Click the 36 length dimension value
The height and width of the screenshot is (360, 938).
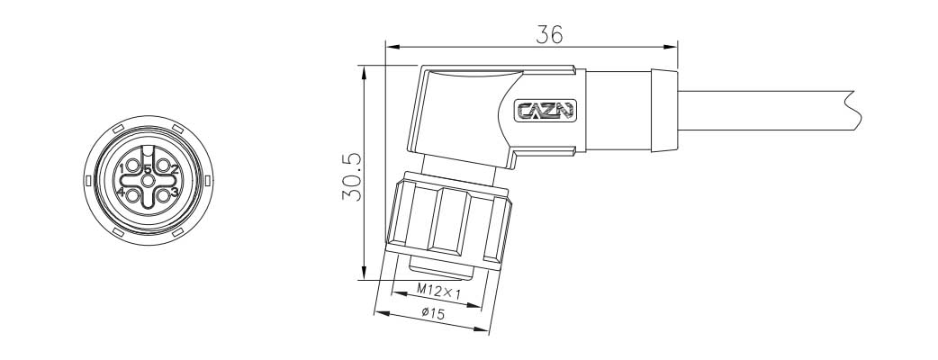pyautogui.click(x=549, y=34)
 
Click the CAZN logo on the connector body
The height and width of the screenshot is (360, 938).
pyautogui.click(x=545, y=112)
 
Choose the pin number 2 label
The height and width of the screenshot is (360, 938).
pyautogui.click(x=175, y=169)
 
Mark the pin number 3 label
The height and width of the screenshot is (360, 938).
pyautogui.click(x=175, y=193)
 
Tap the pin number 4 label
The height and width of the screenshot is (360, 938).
pyautogui.click(x=121, y=193)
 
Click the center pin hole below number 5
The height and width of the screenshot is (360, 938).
pyautogui.click(x=148, y=182)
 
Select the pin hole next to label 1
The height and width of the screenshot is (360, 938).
pyautogui.click(x=132, y=167)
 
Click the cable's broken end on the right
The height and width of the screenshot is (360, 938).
pyautogui.click(x=851, y=108)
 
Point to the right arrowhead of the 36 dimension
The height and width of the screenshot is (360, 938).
pyautogui.click(x=671, y=48)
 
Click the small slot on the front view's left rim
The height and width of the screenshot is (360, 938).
pyautogui.click(x=87, y=182)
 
